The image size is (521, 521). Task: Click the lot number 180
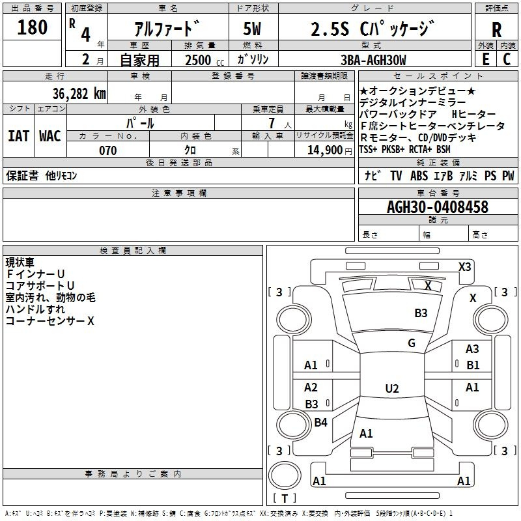tap(32, 27)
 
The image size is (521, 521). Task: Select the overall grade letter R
tap(496, 30)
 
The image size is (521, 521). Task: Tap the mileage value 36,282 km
tap(79, 94)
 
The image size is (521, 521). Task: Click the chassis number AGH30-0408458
tap(438, 206)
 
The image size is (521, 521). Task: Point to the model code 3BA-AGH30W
tap(373, 60)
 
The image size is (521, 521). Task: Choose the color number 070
tap(108, 150)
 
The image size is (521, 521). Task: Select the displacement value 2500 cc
tap(204, 60)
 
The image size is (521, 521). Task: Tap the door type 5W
tap(252, 29)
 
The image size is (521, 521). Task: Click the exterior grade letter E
tap(486, 59)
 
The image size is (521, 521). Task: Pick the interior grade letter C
tap(507, 59)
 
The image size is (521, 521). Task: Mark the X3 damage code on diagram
tap(464, 267)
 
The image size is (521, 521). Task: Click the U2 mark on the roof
tap(392, 388)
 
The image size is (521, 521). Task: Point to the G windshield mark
tap(412, 343)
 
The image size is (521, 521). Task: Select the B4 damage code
tap(320, 422)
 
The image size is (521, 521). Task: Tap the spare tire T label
tap(285, 498)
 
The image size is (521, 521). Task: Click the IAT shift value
tap(19, 136)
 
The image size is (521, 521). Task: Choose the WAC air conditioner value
tap(50, 136)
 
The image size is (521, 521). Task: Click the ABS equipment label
tap(419, 176)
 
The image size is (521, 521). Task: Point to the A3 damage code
tap(472, 349)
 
